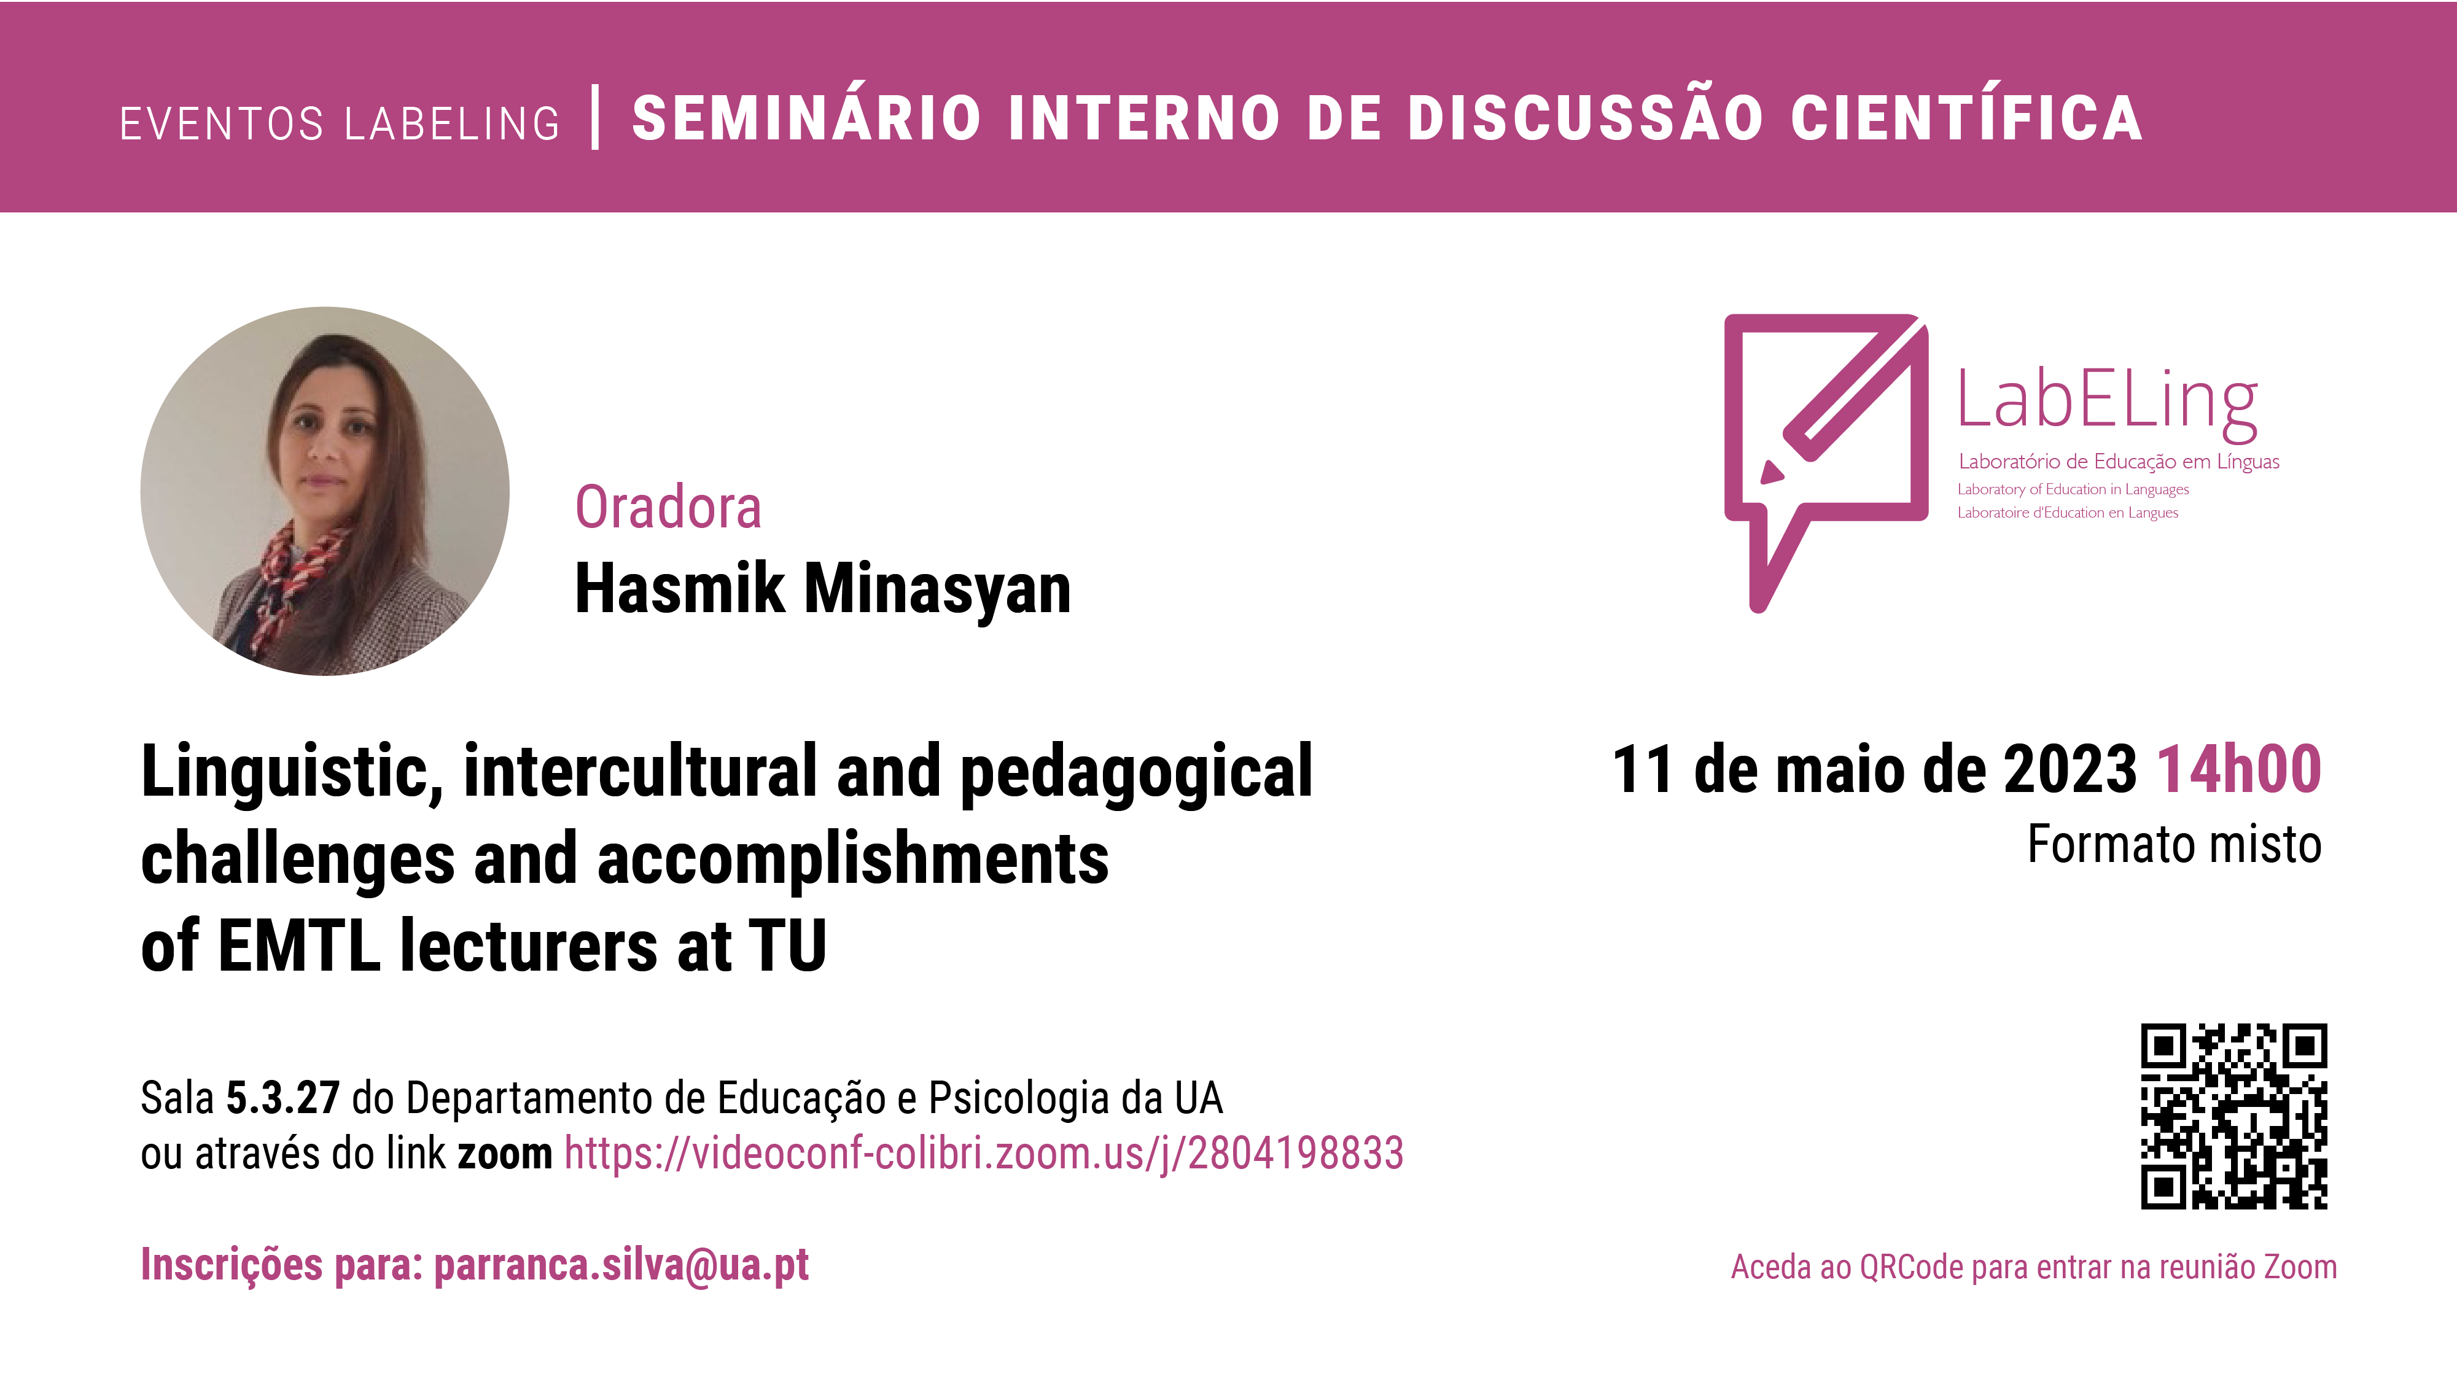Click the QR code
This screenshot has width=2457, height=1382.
[2234, 1116]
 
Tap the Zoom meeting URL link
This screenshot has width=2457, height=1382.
[983, 1154]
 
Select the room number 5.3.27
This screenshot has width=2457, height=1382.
[282, 1098]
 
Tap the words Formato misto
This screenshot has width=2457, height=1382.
[2174, 844]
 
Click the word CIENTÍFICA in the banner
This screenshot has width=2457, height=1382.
[1967, 117]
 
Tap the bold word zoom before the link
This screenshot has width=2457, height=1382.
[505, 1155]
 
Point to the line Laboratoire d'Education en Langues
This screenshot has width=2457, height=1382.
[2068, 513]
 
